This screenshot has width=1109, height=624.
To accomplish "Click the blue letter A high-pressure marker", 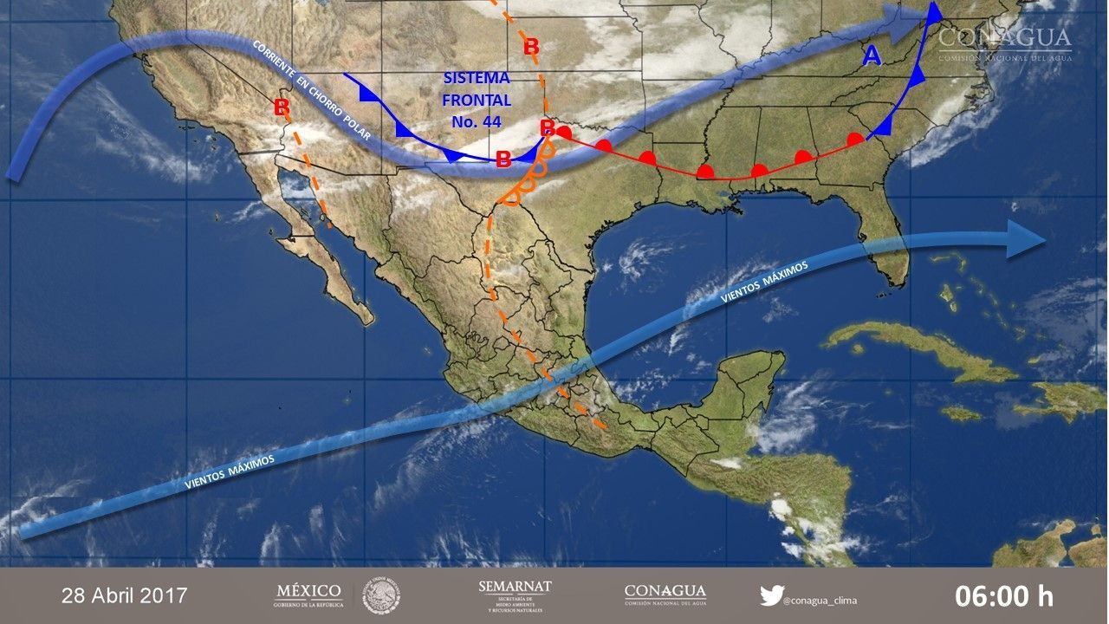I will pos(872,56).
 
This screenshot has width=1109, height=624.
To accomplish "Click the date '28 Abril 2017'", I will pos(125,596).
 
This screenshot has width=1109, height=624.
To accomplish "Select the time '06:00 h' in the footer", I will pos(1004,596).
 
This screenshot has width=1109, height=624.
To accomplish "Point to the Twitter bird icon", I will pos(771,595).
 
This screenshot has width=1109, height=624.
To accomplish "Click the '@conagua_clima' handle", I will pos(819,598).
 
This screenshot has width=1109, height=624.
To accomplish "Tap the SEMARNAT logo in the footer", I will pos(515,595).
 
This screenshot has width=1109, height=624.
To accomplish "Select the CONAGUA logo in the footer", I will pos(665,595).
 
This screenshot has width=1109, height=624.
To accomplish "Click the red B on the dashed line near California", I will pos(281,107).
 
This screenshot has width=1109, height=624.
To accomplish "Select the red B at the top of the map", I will pos(531,48).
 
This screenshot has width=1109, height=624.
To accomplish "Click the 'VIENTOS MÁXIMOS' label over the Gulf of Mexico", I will pos(764,283).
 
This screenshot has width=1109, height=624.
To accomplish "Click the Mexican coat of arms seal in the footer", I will pos(381,595).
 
